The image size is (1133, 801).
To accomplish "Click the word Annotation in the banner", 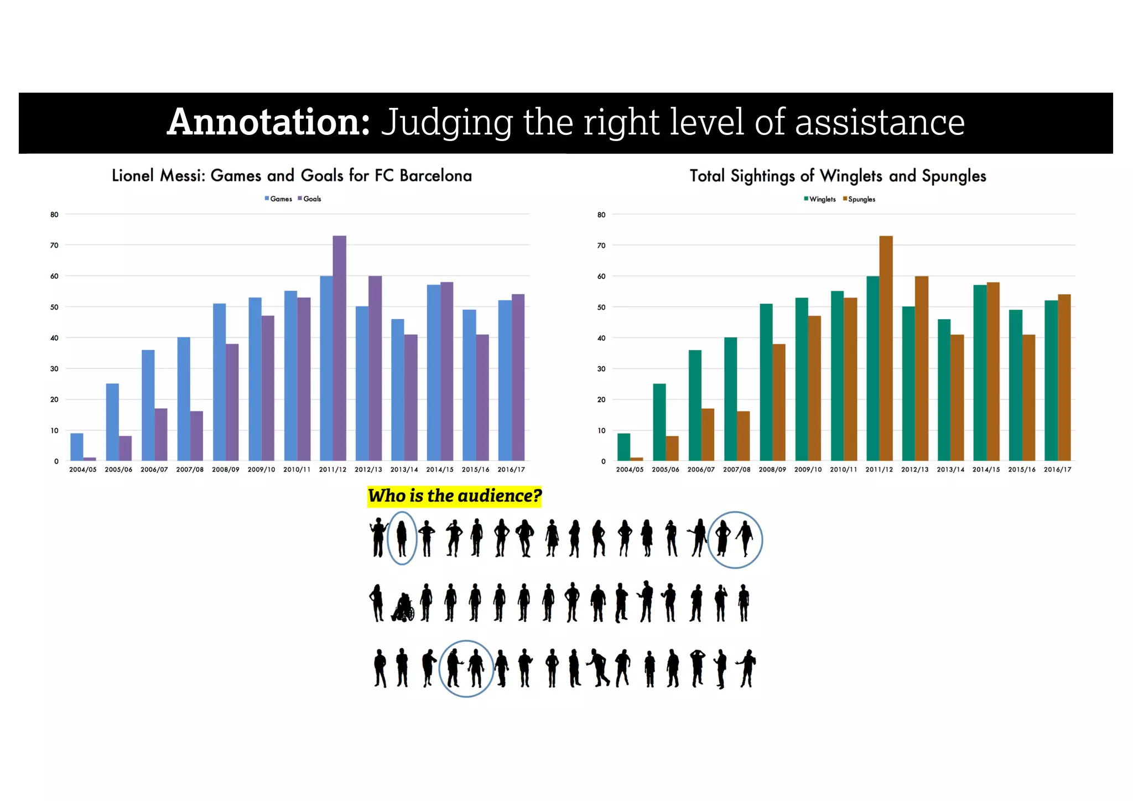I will [x=269, y=122].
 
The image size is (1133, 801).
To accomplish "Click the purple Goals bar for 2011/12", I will [x=339, y=349].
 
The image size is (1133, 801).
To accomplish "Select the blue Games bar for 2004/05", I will [x=77, y=447].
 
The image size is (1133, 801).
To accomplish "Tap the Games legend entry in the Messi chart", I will [x=278, y=199].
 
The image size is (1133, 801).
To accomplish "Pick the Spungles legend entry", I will [x=859, y=199].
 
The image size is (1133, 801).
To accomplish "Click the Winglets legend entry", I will [x=820, y=199].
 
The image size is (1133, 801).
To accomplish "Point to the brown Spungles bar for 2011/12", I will [x=886, y=349].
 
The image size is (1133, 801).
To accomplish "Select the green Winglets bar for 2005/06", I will [x=659, y=422].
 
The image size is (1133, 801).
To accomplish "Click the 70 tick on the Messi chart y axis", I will [x=54, y=245].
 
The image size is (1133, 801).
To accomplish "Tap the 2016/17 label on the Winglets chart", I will [x=1057, y=470].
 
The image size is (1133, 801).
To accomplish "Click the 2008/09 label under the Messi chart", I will [x=225, y=470].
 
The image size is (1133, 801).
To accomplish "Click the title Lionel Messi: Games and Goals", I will [x=292, y=176].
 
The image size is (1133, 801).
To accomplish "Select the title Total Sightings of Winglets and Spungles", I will [x=838, y=176].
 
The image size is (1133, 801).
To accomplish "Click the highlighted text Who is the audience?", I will [x=454, y=496].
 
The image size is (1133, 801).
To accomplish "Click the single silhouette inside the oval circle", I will [x=402, y=538].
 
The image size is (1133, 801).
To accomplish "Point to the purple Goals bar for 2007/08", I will [x=196, y=436].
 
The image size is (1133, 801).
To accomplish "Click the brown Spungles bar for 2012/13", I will [x=921, y=368].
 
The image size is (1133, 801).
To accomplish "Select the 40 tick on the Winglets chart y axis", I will [x=601, y=338].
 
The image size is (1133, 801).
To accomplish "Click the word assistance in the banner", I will [x=880, y=122].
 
